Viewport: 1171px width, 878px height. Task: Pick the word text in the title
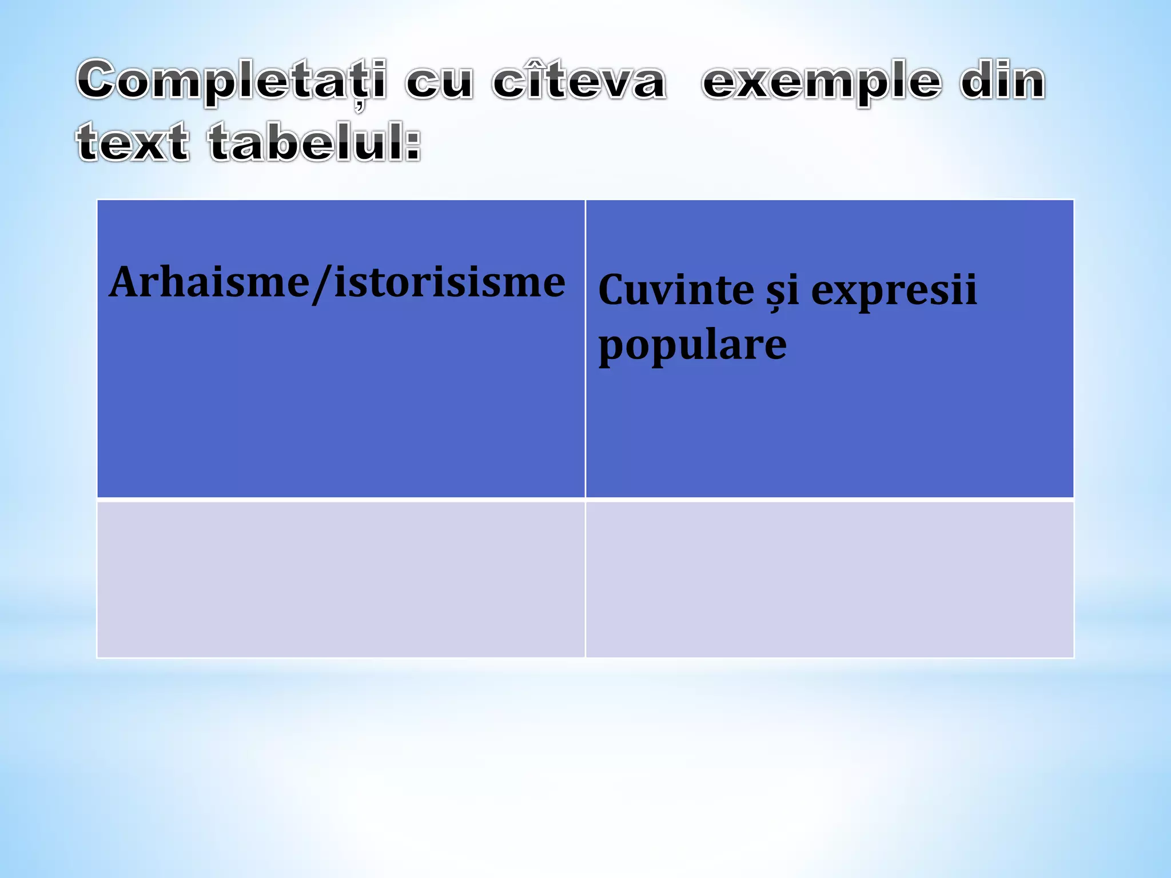click(x=133, y=142)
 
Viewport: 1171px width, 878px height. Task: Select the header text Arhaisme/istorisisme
click(x=337, y=282)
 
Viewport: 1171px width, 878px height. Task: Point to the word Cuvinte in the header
click(x=676, y=290)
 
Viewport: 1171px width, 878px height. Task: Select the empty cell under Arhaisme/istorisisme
click(x=341, y=579)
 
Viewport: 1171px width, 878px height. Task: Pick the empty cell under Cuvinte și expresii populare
click(x=830, y=579)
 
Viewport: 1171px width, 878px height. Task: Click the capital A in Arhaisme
click(x=125, y=282)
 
